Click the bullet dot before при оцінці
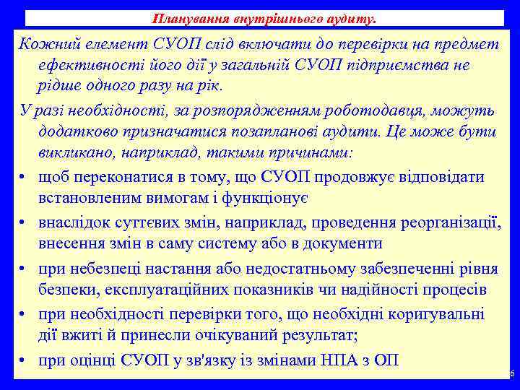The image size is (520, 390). (x=24, y=362)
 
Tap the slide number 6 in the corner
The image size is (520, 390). (x=511, y=373)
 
